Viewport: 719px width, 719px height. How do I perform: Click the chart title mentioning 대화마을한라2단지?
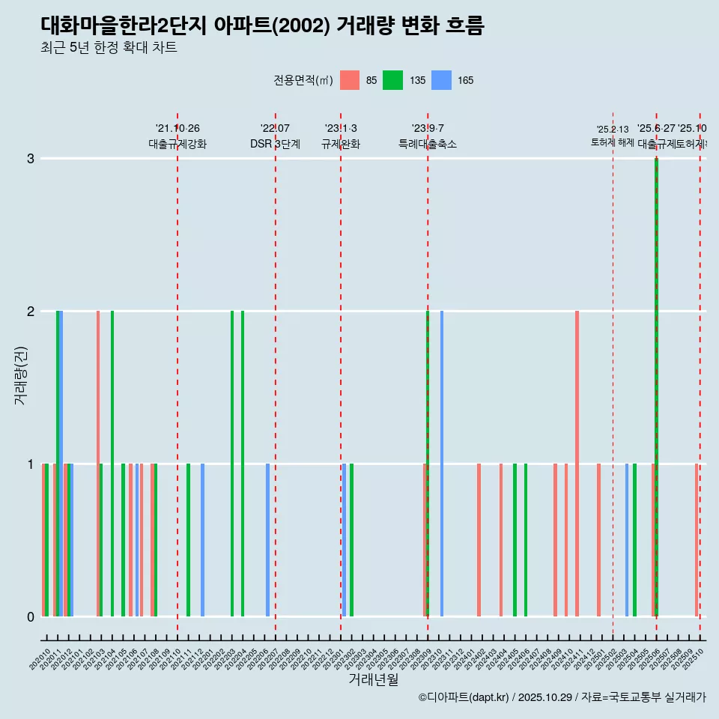point(262,25)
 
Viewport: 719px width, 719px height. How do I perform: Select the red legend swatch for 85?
point(350,80)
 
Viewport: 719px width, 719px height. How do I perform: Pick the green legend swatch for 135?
point(392,80)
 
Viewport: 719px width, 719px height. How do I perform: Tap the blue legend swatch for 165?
point(443,80)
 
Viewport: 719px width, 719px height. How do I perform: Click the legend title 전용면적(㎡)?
point(303,80)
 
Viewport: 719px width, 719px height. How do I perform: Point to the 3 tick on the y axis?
point(30,159)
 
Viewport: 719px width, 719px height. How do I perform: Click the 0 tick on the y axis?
point(30,617)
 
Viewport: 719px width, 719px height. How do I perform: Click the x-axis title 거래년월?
point(373,679)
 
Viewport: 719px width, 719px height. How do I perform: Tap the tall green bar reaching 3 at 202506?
point(657,389)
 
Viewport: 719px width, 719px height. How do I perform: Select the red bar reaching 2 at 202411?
point(577,464)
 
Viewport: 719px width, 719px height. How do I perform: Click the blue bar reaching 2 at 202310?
point(442,464)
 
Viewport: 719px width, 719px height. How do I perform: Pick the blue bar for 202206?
point(267,539)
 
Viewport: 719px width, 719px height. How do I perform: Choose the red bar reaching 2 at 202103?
point(98,464)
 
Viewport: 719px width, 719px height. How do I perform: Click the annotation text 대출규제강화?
point(178,144)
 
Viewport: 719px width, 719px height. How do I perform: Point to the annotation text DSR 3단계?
point(275,144)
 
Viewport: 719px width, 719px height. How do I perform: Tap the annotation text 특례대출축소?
point(427,144)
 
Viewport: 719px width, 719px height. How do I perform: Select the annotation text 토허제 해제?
point(612,142)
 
